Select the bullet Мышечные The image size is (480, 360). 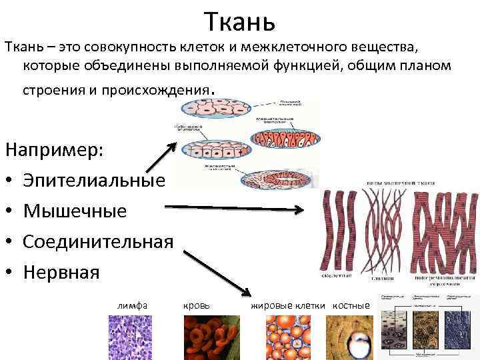[x=75, y=211]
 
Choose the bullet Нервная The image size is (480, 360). [x=61, y=272]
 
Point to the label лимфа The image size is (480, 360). [x=132, y=305]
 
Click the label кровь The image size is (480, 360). [x=196, y=305]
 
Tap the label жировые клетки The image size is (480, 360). [x=287, y=305]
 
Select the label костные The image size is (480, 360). [x=351, y=305]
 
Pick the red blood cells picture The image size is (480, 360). [x=211, y=337]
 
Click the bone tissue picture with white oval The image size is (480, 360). [x=350, y=337]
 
